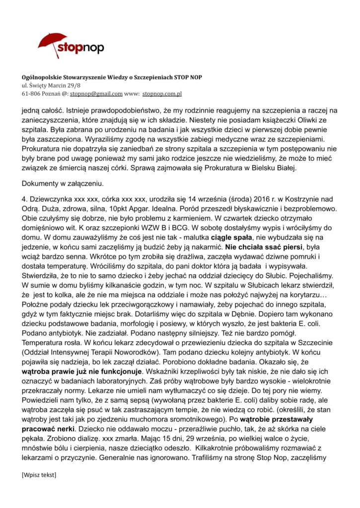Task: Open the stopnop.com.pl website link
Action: tap(162, 93)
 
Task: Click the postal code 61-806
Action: tap(30, 93)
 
